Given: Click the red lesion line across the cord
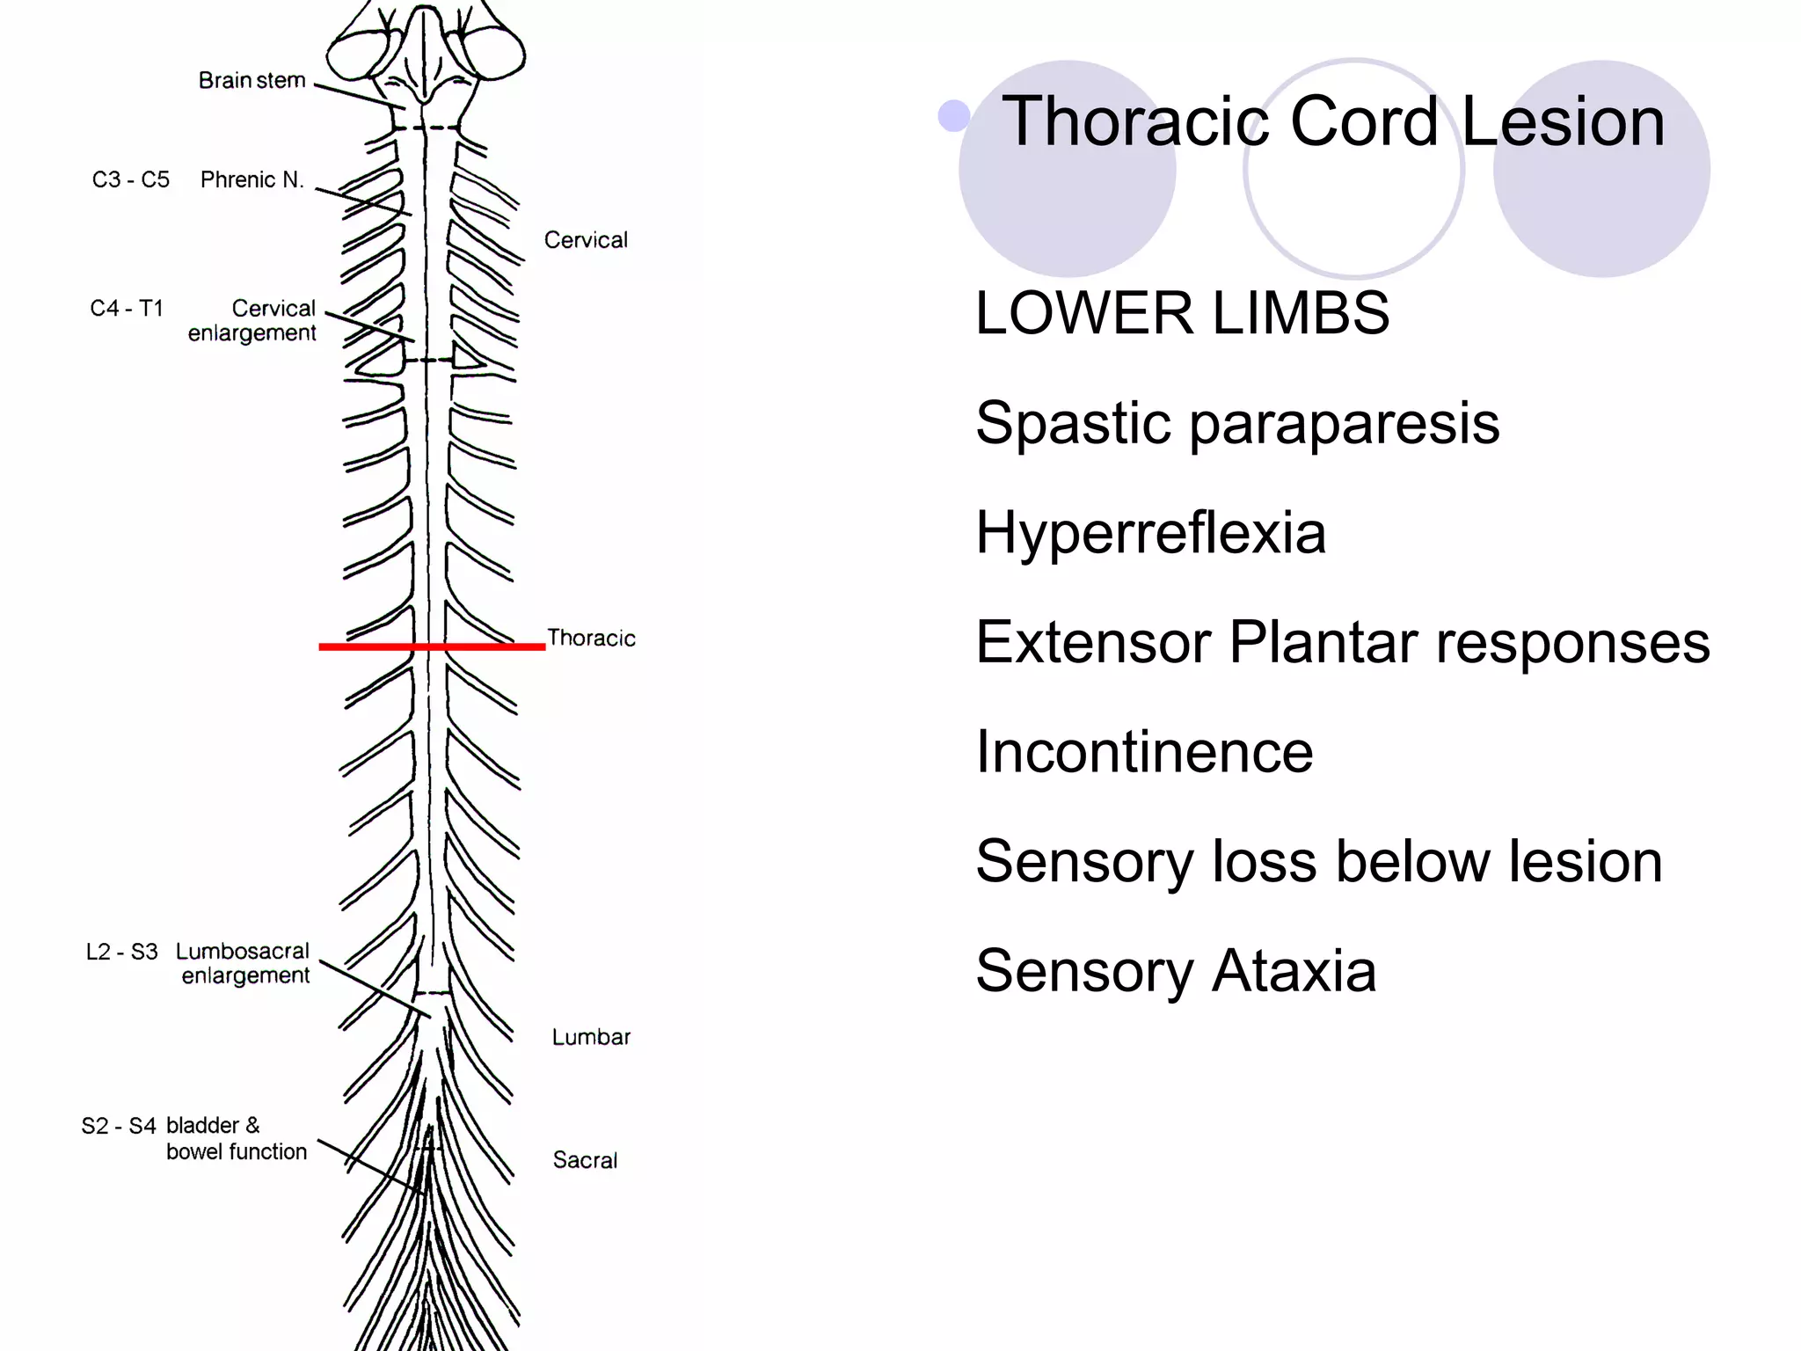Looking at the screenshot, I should (x=431, y=646).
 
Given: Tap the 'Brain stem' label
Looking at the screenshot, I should (x=252, y=80).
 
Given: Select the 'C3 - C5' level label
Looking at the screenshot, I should (x=130, y=179).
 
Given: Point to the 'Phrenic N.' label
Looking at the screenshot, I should (x=252, y=179).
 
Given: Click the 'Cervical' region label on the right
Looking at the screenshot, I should (x=586, y=240).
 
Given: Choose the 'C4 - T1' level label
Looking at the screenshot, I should (x=127, y=308).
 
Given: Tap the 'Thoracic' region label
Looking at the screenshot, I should (x=591, y=638).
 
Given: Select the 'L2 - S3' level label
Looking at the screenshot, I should (x=121, y=952).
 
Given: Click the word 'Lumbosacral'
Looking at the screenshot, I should (x=243, y=951).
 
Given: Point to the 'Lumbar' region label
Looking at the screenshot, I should (x=591, y=1037).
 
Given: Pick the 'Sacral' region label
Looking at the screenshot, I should (x=585, y=1160).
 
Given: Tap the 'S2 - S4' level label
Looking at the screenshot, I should (x=119, y=1126).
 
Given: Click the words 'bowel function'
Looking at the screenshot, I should (x=237, y=1151).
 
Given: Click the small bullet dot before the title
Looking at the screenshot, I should (x=953, y=116).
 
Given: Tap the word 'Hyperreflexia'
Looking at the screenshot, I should (x=1150, y=532).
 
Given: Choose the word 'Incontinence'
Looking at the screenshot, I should (x=1144, y=752).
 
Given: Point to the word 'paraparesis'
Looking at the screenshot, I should (x=1345, y=423).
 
